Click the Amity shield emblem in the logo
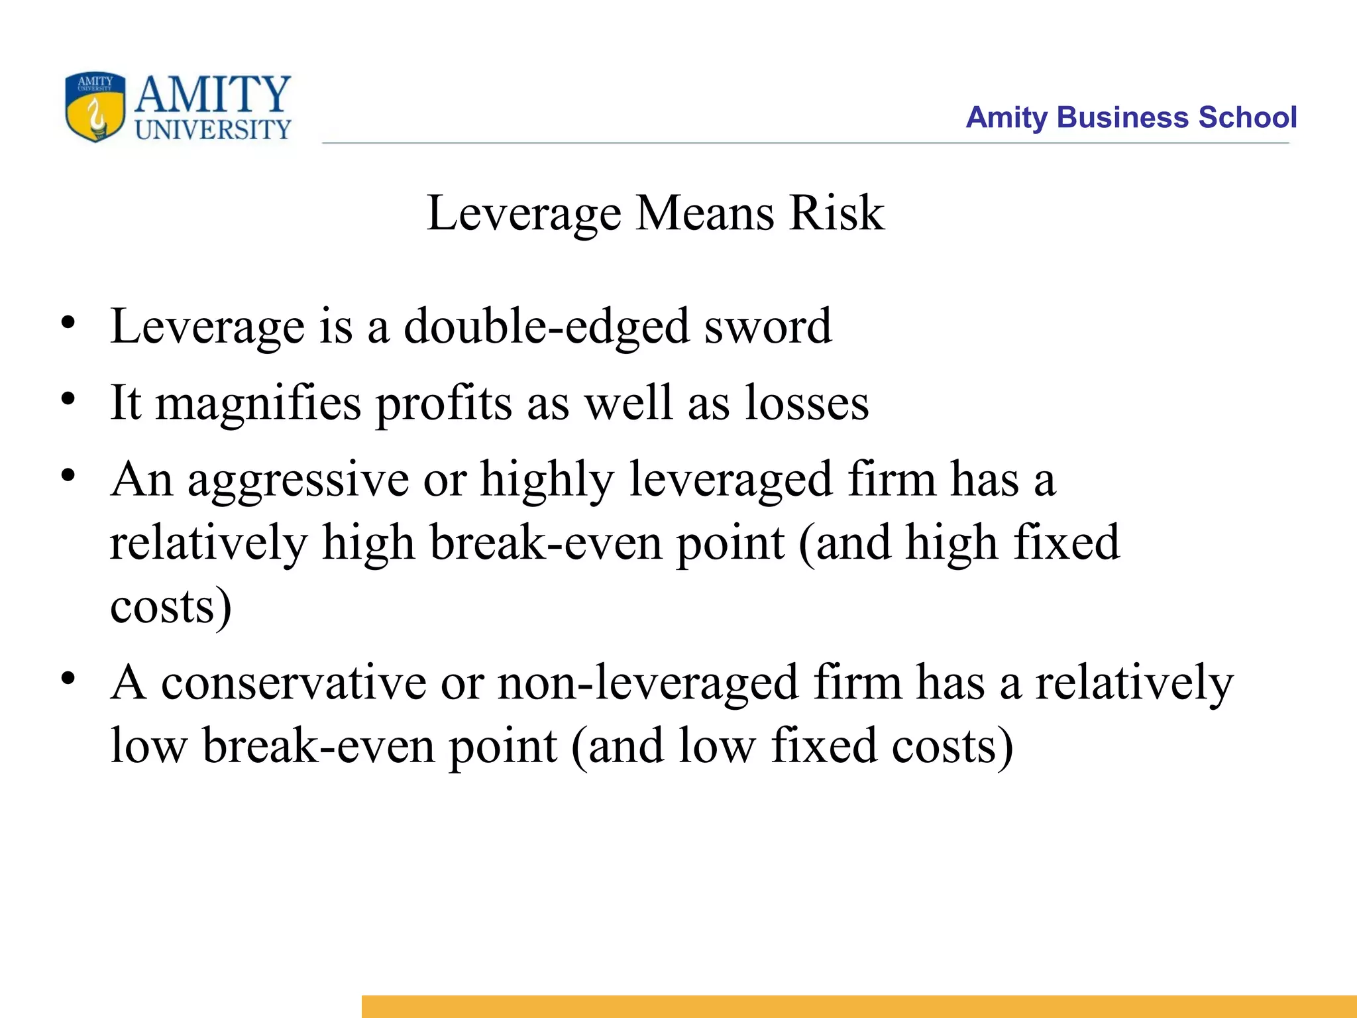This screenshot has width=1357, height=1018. click(x=95, y=107)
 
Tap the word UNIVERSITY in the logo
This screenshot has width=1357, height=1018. click(x=213, y=129)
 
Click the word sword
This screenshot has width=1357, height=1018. click(x=767, y=327)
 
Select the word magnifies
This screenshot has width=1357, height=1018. click(x=258, y=404)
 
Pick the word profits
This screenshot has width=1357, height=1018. click(x=444, y=404)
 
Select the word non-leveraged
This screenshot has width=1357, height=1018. click(x=648, y=683)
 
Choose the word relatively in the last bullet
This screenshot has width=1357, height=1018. click(x=1134, y=683)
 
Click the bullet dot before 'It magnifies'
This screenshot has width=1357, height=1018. click(x=68, y=400)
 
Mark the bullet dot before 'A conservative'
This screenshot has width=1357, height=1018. click(x=68, y=679)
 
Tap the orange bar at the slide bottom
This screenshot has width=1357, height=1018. click(x=859, y=1006)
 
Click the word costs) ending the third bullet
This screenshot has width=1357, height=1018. click(x=170, y=606)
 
